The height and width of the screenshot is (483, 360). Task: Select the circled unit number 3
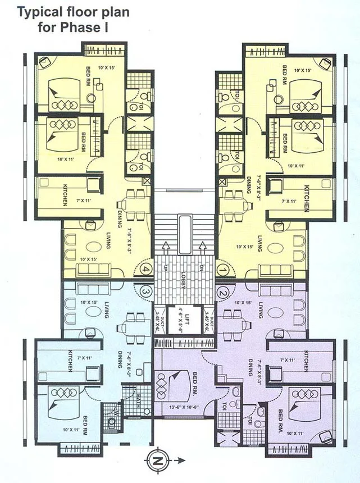coord(146,291)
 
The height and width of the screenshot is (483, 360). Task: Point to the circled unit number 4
coord(146,270)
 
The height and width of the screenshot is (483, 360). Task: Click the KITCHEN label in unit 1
coord(306,199)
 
